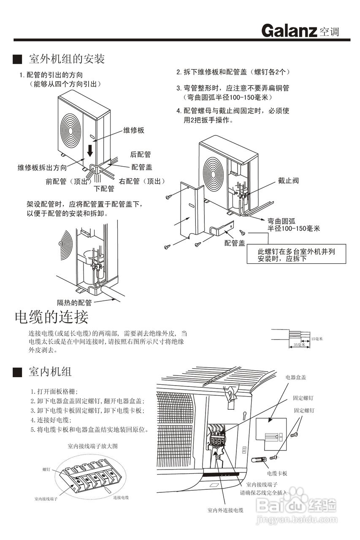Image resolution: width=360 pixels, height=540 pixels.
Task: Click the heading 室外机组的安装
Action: click(66, 59)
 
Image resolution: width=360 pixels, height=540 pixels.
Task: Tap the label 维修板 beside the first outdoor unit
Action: click(134, 130)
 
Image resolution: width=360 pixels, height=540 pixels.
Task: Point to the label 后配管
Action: click(141, 155)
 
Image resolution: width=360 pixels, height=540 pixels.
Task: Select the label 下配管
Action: click(104, 189)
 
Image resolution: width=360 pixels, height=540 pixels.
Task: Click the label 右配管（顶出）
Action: click(141, 181)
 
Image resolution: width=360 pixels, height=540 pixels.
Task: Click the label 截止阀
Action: click(288, 181)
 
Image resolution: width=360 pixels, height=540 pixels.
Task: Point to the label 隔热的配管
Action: click(74, 302)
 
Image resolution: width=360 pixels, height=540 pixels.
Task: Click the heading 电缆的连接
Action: click(51, 316)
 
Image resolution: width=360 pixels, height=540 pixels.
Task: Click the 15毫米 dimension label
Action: click(317, 339)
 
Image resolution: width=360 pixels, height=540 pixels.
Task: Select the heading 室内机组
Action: click(50, 372)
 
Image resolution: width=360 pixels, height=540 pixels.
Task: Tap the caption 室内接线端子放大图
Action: click(92, 445)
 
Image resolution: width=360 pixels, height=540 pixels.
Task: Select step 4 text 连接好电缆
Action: click(51, 420)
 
